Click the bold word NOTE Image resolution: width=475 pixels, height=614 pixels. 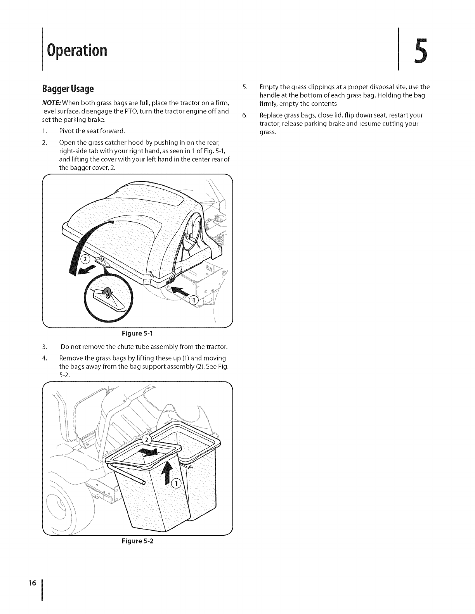pyautogui.click(x=53, y=102)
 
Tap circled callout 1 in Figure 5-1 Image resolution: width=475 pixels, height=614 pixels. pyautogui.click(x=193, y=300)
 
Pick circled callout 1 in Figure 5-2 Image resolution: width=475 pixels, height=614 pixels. pyautogui.click(x=176, y=483)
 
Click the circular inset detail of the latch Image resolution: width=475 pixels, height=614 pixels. pyautogui.click(x=107, y=297)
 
